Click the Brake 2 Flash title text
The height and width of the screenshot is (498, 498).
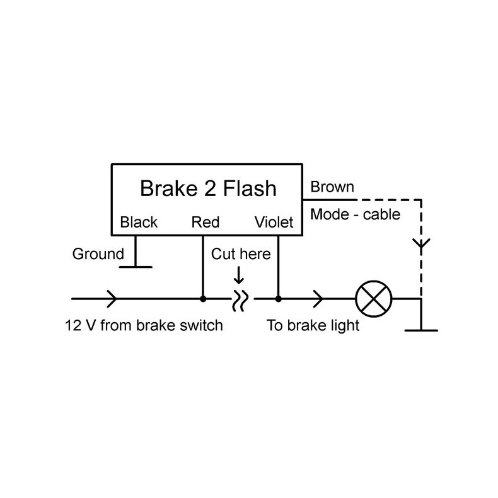click(207, 188)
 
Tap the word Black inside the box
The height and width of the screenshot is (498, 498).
click(139, 222)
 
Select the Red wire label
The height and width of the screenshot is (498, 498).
click(205, 222)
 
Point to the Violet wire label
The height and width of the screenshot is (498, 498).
click(274, 222)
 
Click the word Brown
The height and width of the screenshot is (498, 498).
click(332, 187)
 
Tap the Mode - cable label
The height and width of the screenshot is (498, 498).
click(355, 214)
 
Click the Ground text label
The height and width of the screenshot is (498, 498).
click(98, 254)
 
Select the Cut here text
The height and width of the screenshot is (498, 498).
click(240, 254)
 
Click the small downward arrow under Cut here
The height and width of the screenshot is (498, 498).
click(239, 275)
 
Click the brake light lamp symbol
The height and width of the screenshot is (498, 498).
click(374, 298)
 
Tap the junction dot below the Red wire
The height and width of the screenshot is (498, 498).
click(203, 298)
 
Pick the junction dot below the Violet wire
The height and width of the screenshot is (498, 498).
click(278, 298)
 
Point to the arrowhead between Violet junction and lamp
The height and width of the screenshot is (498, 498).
click(320, 298)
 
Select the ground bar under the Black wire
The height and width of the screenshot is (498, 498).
click(136, 267)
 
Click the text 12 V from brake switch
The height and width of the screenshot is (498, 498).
click(144, 326)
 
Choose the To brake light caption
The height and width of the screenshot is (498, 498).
click(313, 326)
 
